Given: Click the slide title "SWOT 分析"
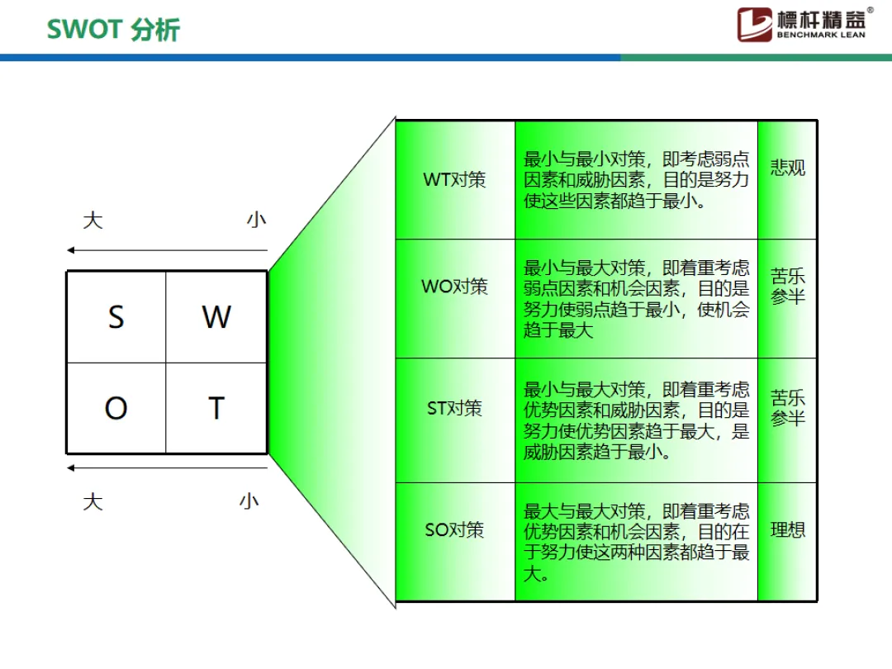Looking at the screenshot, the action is (x=113, y=30).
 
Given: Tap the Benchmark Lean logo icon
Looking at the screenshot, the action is (x=754, y=24).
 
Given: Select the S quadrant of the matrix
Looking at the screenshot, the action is (x=116, y=317).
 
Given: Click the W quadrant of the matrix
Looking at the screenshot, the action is (x=216, y=317).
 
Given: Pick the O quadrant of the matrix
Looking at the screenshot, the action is (x=116, y=408).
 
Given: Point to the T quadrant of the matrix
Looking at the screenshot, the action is (x=216, y=408).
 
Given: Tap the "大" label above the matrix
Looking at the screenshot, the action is (x=93, y=221).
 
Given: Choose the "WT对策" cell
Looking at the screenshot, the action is (x=455, y=179).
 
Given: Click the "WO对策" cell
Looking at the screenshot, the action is (x=455, y=287).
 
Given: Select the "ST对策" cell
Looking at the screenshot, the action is (x=455, y=408).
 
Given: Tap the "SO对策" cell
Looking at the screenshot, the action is (x=455, y=529).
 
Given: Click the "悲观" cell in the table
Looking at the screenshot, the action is (x=788, y=168).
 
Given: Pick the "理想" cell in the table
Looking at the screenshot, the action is (x=788, y=529).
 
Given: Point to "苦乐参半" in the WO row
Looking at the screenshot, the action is (x=788, y=286).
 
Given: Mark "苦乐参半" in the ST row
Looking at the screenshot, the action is (x=788, y=408).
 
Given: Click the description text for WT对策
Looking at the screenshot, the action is (x=636, y=179).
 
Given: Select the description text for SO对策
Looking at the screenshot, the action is (x=636, y=542).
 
